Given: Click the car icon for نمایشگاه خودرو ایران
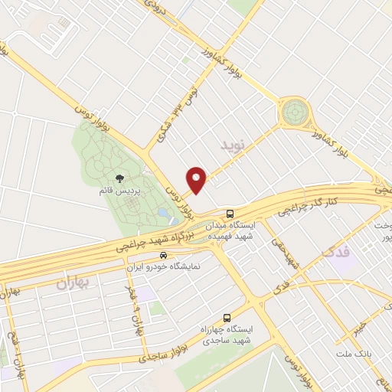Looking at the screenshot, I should [x=162, y=254].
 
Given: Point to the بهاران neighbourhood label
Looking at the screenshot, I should [x=73, y=283].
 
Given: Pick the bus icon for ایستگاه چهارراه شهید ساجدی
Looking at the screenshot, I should [x=227, y=317].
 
